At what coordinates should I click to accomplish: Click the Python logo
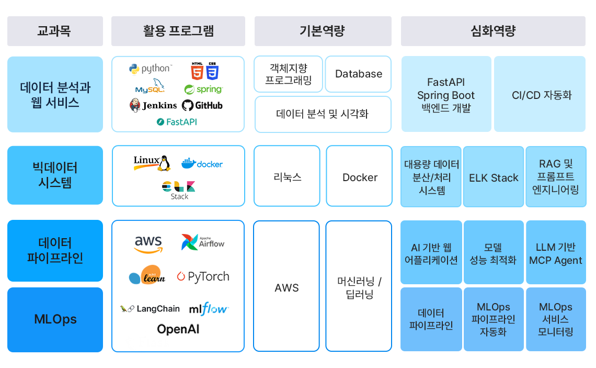point(150,69)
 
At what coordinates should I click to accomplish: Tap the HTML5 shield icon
point(197,70)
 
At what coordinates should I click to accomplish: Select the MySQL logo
point(150,86)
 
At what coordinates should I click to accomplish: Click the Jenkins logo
point(153,105)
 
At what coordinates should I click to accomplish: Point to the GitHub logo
point(202,105)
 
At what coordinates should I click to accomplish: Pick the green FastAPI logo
point(177,122)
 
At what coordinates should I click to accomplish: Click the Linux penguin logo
point(152,163)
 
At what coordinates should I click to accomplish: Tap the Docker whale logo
point(202,163)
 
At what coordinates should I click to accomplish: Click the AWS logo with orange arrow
point(148,244)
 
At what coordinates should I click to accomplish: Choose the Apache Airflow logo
point(203,242)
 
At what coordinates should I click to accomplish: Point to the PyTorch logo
point(203,276)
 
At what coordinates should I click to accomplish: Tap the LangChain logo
point(150,309)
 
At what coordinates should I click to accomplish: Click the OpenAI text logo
point(178,329)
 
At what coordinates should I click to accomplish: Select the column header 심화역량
point(493,31)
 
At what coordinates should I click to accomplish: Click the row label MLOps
point(55,319)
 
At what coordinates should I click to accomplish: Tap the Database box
point(358,74)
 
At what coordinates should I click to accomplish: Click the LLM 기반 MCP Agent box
point(555,253)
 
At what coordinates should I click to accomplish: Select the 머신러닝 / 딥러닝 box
point(359,287)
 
